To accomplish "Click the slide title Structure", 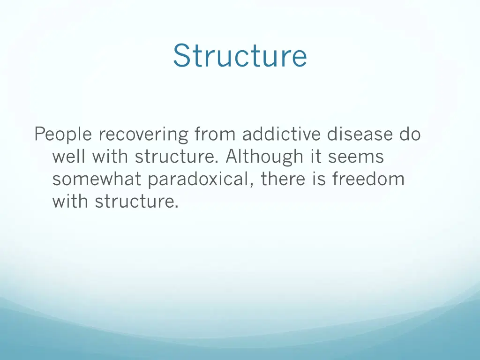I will click(240, 56).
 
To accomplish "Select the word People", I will click(63, 135).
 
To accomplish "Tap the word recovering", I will click(143, 135).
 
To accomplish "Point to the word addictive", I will click(282, 135).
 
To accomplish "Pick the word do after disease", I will click(410, 135).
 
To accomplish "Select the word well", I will click(69, 157).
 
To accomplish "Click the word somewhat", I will click(97, 180).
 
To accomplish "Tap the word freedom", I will click(368, 180).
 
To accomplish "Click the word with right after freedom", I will click(71, 202).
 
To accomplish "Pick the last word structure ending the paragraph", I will click(136, 202).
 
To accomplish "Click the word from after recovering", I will click(216, 135).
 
